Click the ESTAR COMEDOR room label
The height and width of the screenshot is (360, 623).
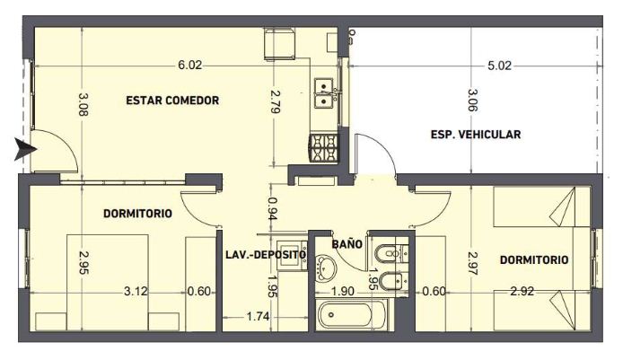(x=172, y=101)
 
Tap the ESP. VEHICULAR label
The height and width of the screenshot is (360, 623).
(x=476, y=135)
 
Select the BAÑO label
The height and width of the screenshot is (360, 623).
(x=347, y=243)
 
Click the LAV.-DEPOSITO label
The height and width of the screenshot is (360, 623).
(x=266, y=255)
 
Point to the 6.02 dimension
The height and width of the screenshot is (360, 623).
(x=190, y=66)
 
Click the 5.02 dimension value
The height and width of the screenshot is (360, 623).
(x=499, y=66)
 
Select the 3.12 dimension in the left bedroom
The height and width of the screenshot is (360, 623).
(x=136, y=291)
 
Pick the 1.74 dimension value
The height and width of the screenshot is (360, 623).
(x=258, y=317)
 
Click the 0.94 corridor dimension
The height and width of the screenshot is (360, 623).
(x=273, y=208)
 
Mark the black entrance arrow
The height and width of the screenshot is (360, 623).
(x=25, y=149)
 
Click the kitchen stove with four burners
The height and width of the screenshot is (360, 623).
(x=324, y=149)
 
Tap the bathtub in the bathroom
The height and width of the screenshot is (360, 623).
(x=351, y=314)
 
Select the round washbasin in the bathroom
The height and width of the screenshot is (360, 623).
(x=326, y=268)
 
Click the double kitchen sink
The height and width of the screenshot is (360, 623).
(x=325, y=93)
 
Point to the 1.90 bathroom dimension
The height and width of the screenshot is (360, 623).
(x=343, y=291)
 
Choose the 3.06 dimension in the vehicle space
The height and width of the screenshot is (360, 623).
(x=472, y=101)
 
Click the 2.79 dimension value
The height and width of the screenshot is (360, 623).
(x=275, y=102)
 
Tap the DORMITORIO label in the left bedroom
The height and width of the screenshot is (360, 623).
(x=137, y=214)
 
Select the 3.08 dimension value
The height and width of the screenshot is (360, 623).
(x=83, y=104)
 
